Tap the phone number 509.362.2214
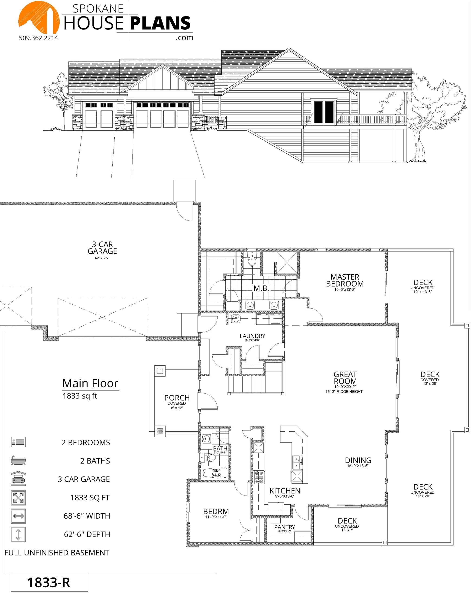39,38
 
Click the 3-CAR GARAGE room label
102,248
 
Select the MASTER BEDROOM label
344,280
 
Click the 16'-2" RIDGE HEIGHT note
344,391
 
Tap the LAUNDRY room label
252,336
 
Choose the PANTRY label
284,527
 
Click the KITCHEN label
285,491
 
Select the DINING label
358,460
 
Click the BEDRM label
216,511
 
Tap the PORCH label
177,398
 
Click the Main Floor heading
90,383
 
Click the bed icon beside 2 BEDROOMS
18,442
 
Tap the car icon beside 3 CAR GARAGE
18,478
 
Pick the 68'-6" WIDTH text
87,516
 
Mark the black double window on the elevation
324,112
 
